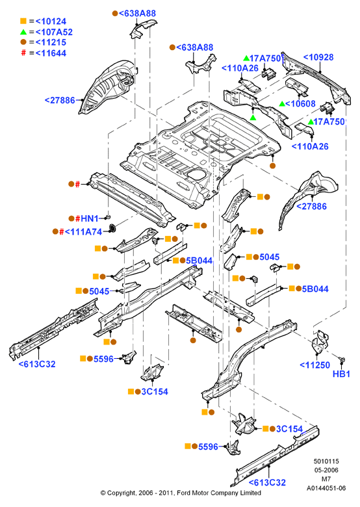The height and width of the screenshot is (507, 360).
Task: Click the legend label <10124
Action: point(51,21)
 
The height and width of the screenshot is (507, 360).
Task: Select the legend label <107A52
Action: point(54,32)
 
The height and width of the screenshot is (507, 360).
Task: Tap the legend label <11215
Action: point(51,42)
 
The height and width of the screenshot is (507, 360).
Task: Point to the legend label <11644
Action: point(51,53)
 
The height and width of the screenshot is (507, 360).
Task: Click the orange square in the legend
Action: point(23,21)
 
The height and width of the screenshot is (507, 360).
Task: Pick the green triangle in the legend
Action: point(23,32)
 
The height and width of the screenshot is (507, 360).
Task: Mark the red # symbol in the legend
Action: point(23,53)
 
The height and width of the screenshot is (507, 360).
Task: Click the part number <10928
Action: point(318,57)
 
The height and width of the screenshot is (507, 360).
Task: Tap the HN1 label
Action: point(89,218)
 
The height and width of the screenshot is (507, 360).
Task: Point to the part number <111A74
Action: point(83,232)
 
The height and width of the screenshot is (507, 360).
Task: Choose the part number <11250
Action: point(315,365)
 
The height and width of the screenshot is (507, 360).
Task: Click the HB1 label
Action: point(341,374)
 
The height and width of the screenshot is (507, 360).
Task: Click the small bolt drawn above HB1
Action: point(342,359)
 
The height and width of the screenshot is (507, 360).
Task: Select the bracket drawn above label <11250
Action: point(320,343)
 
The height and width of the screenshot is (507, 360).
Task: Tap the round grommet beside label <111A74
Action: point(112,228)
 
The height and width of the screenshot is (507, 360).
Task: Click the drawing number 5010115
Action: point(326,461)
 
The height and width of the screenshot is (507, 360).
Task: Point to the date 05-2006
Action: point(326,470)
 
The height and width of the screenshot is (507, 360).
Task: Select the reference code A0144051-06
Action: point(326,488)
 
